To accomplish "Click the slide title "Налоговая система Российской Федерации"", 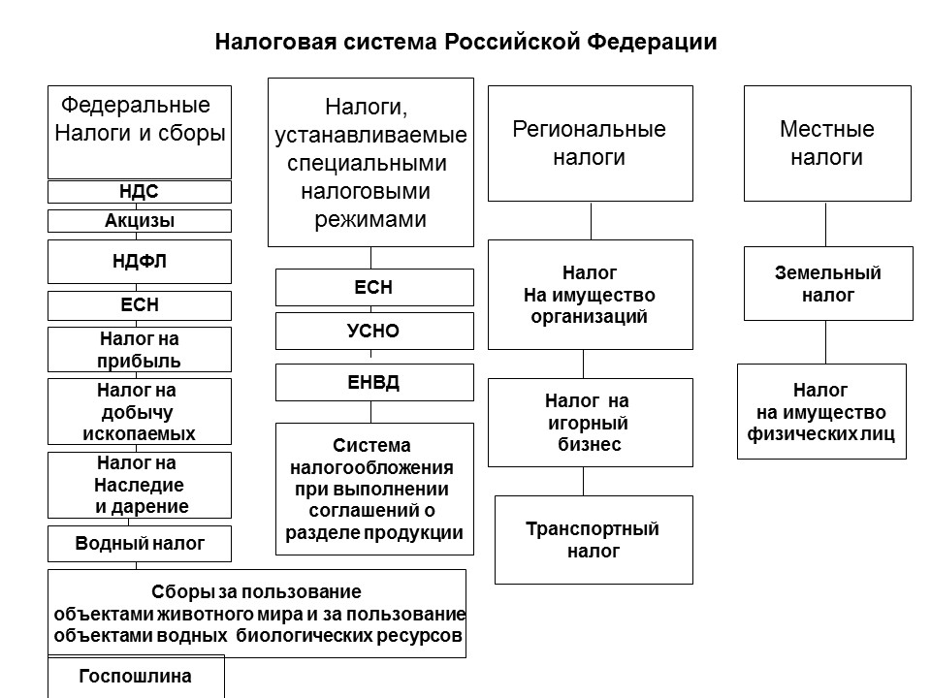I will [x=465, y=44].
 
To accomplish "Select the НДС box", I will [x=140, y=192].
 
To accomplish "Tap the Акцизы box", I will [x=140, y=221].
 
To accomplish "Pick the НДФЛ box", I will [x=140, y=261].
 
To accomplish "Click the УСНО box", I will [x=374, y=331].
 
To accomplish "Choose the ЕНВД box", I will [x=374, y=382].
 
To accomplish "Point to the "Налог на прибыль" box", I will [x=140, y=350].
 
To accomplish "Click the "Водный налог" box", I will [x=140, y=544].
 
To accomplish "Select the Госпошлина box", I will [x=136, y=677].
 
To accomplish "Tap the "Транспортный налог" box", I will [x=594, y=540].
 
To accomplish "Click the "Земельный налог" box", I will [x=827, y=284].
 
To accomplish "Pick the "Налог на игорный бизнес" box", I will [x=590, y=423].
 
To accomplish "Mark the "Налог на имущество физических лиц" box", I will [x=821, y=412].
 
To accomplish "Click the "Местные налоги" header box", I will [x=827, y=143].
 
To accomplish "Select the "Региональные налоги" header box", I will [x=590, y=143].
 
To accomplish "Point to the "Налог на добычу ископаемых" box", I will [x=140, y=412].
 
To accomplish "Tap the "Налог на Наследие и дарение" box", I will [x=140, y=485].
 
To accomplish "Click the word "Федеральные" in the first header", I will [x=135, y=105].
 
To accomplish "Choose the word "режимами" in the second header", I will [x=370, y=219].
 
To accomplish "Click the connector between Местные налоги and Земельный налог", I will [x=826, y=224].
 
